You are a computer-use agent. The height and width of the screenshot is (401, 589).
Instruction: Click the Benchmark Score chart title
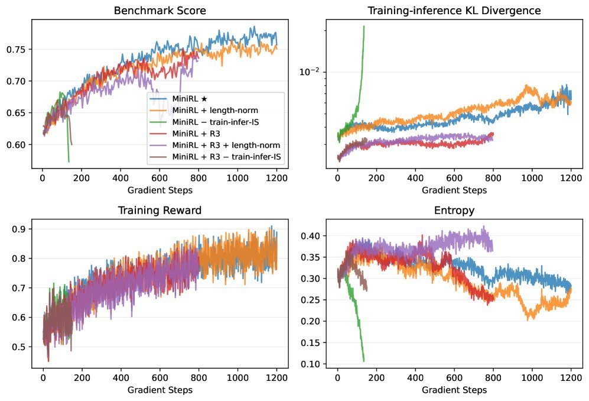(x=160, y=11)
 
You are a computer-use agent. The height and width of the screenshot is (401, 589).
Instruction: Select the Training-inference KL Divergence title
(x=454, y=11)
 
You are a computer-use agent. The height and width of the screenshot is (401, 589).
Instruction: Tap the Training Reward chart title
(x=160, y=211)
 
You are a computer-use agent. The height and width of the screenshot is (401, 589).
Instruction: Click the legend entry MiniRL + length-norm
(x=216, y=111)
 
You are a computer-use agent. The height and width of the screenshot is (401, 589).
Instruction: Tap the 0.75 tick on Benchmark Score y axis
(x=15, y=49)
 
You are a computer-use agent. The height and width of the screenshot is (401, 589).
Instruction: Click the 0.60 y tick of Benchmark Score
(x=15, y=145)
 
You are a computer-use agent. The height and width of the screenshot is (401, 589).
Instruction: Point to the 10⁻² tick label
(x=308, y=72)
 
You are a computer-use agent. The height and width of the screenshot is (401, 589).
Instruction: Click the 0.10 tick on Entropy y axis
(x=310, y=364)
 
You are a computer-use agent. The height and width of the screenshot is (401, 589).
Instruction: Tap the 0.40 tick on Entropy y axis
(x=310, y=236)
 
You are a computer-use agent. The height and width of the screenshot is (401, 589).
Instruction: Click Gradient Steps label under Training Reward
(x=160, y=390)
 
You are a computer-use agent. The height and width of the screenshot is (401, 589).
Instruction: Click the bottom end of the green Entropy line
(x=364, y=361)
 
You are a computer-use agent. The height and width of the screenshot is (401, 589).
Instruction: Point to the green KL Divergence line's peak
(x=364, y=26)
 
